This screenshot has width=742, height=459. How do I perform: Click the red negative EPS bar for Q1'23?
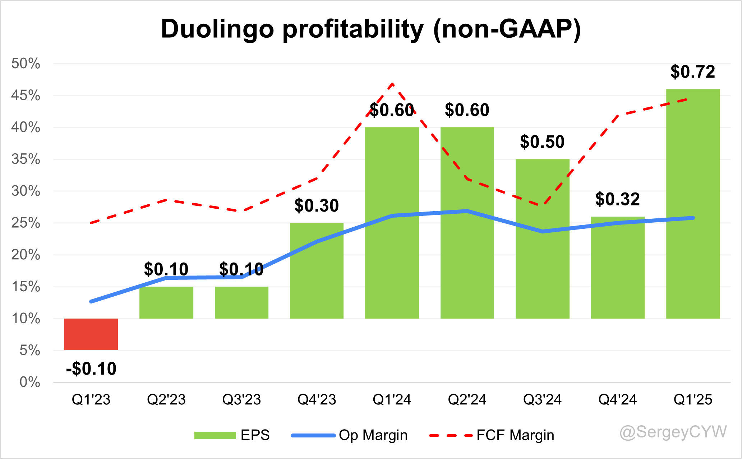click(91, 334)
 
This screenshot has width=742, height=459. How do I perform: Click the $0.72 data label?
click(693, 72)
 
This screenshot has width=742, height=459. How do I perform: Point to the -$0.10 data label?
click(91, 369)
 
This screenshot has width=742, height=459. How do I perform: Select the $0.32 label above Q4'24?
click(617, 199)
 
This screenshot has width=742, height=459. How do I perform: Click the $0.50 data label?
click(542, 142)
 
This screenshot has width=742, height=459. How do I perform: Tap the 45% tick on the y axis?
click(26, 96)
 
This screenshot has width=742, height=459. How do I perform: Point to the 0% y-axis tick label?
click(29, 382)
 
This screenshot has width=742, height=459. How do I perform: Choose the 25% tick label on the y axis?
click(26, 223)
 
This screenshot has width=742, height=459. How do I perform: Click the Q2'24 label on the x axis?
click(467, 400)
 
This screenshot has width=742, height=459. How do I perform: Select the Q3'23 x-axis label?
click(241, 400)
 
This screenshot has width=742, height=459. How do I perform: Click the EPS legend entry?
click(232, 435)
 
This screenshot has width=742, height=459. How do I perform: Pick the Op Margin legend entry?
click(350, 435)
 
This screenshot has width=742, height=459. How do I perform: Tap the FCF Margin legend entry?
click(492, 435)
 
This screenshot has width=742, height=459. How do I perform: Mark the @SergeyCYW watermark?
click(673, 432)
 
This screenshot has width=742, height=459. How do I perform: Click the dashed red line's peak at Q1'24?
click(392, 84)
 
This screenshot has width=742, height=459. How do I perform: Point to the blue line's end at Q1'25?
click(692, 218)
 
